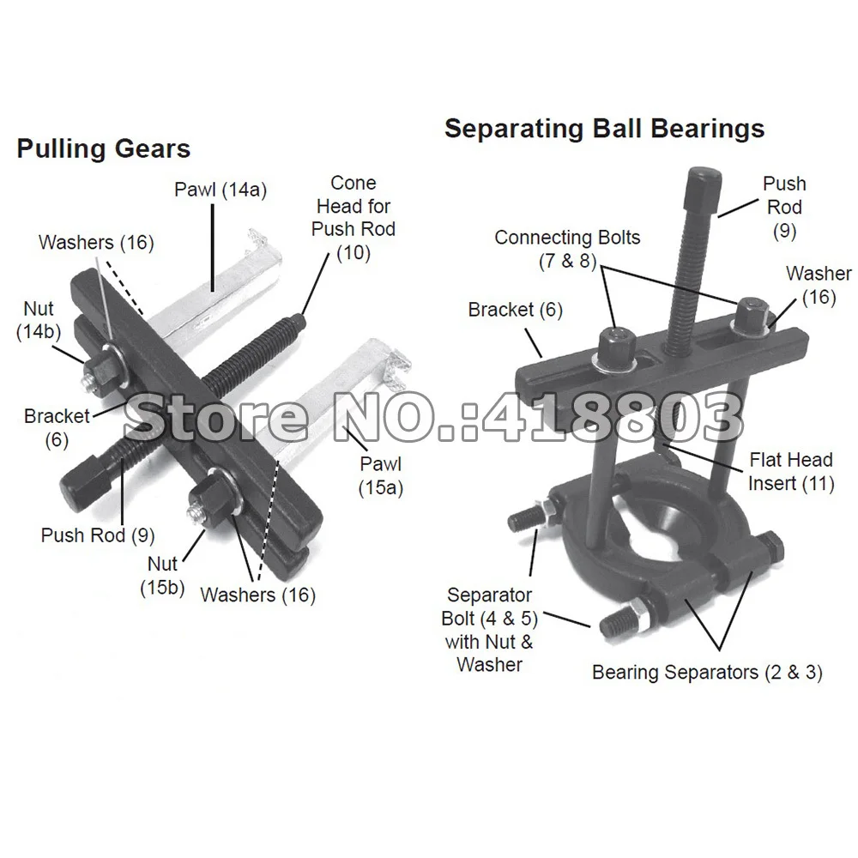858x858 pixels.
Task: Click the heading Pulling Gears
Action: click(103, 148)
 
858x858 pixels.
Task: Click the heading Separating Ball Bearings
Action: click(604, 129)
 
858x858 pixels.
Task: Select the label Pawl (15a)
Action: click(381, 476)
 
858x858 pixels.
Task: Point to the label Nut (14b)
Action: click(38, 319)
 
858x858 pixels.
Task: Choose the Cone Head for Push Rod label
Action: click(353, 218)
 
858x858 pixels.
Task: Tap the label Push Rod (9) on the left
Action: click(98, 535)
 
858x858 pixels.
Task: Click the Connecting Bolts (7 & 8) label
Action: click(567, 248)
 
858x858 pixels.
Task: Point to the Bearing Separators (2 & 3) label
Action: click(707, 672)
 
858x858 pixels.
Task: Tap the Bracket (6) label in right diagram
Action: click(515, 310)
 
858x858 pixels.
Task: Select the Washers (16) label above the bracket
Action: click(96, 242)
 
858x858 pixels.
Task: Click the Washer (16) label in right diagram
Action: click(819, 285)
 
